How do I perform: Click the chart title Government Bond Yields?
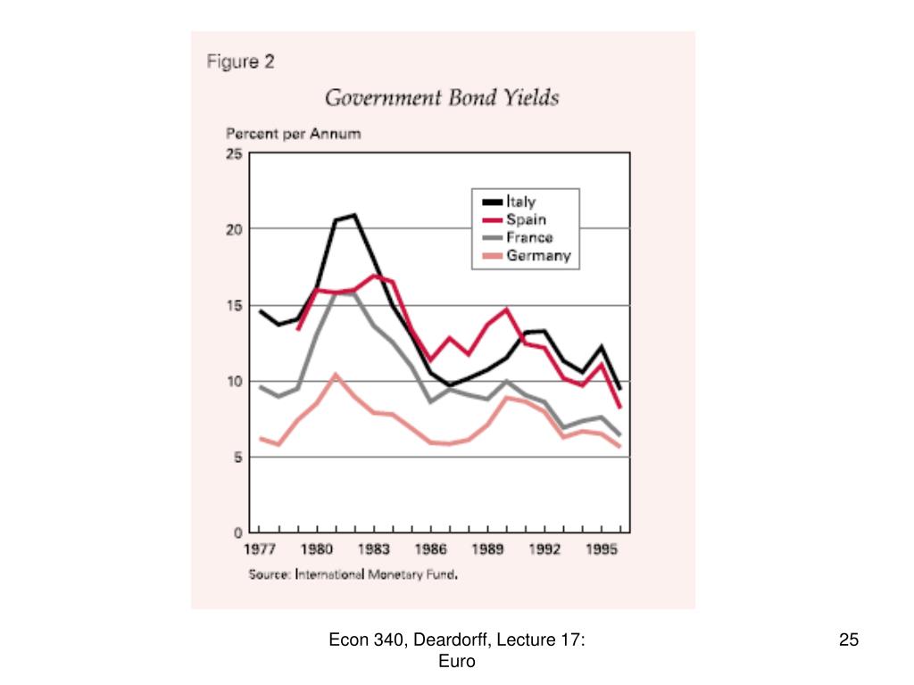pos(441,97)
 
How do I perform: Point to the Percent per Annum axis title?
pos(293,134)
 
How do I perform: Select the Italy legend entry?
pos(521,202)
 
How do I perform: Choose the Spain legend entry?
pos(527,219)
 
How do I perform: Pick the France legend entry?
pos(529,238)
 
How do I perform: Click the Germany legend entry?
pos(538,257)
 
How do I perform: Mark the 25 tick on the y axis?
pos(234,153)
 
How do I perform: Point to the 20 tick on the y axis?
pos(234,229)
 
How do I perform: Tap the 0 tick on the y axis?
pos(237,532)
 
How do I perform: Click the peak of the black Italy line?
pos(354,215)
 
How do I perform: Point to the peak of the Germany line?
pos(335,375)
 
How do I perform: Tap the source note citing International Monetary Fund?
pos(353,575)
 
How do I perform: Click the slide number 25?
pos(849,639)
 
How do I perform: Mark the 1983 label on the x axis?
pos(374,550)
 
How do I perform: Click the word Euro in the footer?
pos(457,661)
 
